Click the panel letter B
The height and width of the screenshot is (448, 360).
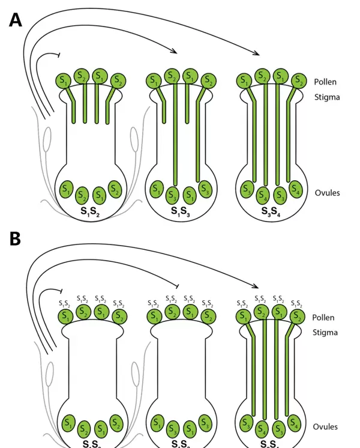pyautogui.click(x=16, y=239)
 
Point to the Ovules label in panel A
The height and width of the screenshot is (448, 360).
pyautogui.click(x=327, y=193)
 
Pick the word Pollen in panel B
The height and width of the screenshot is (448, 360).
pyautogui.click(x=324, y=318)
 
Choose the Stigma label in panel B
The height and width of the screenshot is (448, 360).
pyautogui.click(x=326, y=333)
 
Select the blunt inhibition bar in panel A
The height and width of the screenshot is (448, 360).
pyautogui.click(x=59, y=55)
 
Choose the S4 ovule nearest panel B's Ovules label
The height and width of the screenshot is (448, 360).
pyautogui.click(x=294, y=423)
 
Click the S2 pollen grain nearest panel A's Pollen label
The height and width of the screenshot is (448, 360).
pyautogui.click(x=298, y=80)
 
